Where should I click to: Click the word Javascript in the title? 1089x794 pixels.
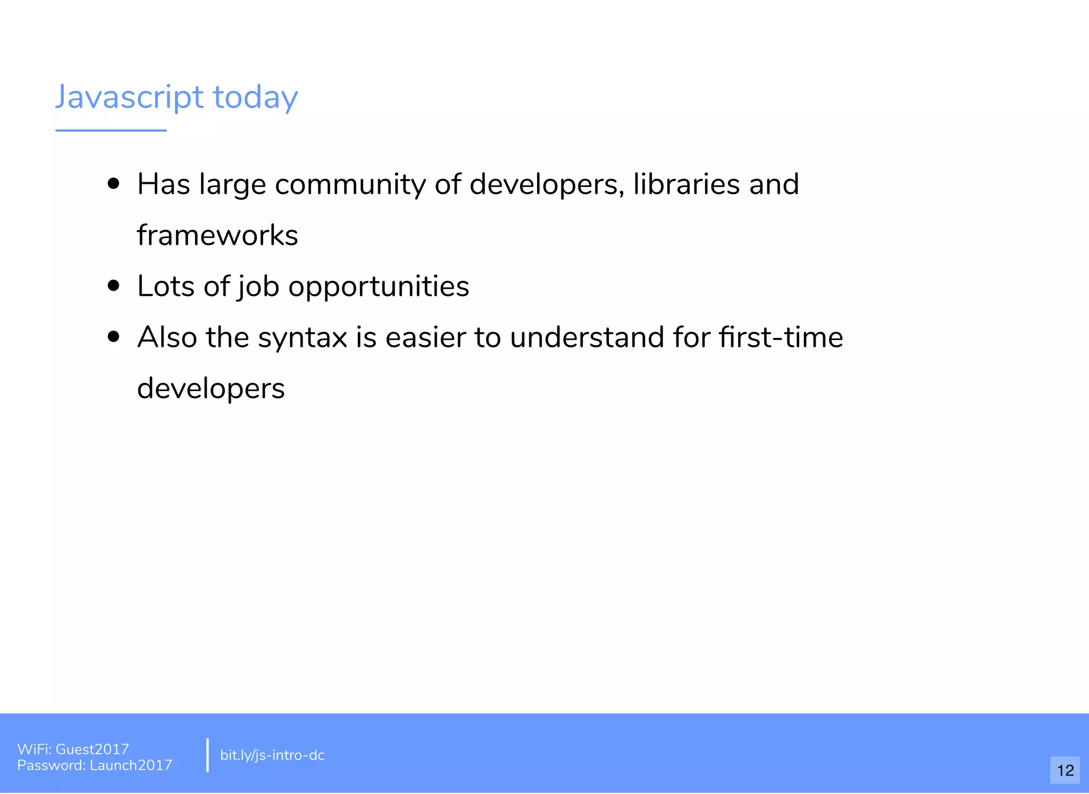pyautogui.click(x=129, y=97)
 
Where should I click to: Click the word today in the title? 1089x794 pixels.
pyautogui.click(x=255, y=97)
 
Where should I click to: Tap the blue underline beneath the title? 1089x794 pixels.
pyautogui.click(x=111, y=130)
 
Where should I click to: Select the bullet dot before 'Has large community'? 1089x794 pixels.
pyautogui.click(x=113, y=184)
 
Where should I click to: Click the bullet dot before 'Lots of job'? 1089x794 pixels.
pyautogui.click(x=113, y=286)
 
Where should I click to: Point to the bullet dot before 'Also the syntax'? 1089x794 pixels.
pyautogui.click(x=113, y=337)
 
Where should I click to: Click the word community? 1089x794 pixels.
pyautogui.click(x=350, y=185)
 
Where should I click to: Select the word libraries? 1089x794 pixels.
pyautogui.click(x=686, y=184)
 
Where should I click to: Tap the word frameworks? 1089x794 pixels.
pyautogui.click(x=217, y=235)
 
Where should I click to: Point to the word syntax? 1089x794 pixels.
pyautogui.click(x=302, y=338)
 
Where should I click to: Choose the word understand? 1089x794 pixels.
pyautogui.click(x=587, y=337)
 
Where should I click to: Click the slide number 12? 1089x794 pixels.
pyautogui.click(x=1065, y=770)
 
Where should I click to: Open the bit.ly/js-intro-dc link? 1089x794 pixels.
pyautogui.click(x=272, y=755)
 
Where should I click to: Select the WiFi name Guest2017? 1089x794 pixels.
pyautogui.click(x=92, y=749)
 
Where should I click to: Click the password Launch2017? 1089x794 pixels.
pyautogui.click(x=131, y=765)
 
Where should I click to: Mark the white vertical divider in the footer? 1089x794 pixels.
pyautogui.click(x=207, y=755)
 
